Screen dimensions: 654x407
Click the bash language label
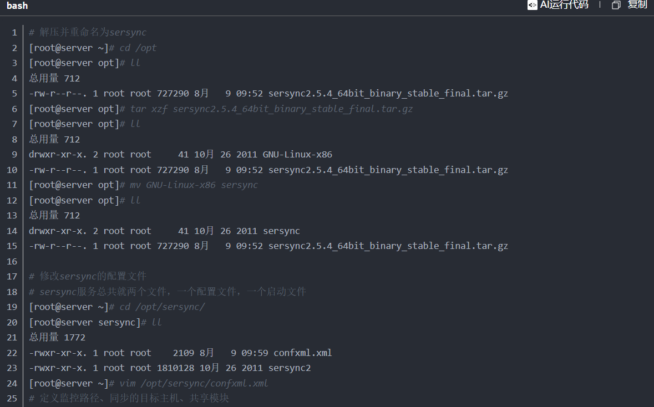[17, 6]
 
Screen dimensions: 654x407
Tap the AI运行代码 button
[557, 5]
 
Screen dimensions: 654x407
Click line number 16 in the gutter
[12, 261]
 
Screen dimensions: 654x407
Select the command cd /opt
[138, 48]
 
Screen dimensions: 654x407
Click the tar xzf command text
[271, 109]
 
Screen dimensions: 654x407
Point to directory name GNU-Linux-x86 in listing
[297, 154]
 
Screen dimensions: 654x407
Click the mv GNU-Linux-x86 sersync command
[194, 185]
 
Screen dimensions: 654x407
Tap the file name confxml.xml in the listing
[302, 353]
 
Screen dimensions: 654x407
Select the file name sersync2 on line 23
[290, 368]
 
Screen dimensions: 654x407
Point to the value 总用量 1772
[57, 337]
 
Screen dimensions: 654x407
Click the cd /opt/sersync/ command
[162, 307]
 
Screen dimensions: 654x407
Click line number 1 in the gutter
[14, 32]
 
